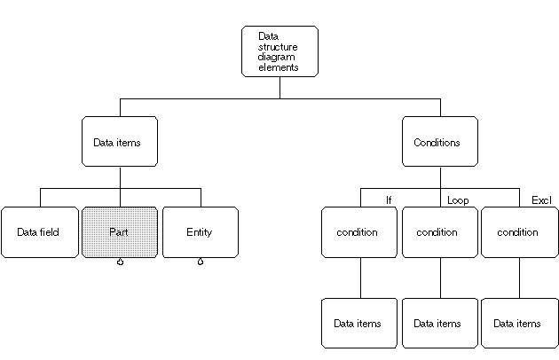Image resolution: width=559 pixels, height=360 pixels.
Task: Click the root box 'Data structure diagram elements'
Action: point(279,51)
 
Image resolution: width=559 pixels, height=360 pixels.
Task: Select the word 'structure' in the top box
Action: point(277,46)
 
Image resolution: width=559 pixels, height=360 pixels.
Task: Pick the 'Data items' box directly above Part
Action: point(120,142)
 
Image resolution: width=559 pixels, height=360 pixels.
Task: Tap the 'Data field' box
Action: point(39,232)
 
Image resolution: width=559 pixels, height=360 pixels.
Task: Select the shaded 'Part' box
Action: point(120,232)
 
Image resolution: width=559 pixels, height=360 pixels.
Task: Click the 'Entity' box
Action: point(200,232)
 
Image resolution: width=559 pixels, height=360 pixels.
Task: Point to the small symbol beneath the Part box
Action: point(120,262)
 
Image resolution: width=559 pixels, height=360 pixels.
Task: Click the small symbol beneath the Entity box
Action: point(200,262)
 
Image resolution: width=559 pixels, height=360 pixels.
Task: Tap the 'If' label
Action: point(389,200)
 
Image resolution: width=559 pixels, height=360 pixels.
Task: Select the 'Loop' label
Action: point(458,200)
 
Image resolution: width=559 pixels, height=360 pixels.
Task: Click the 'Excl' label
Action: point(541,200)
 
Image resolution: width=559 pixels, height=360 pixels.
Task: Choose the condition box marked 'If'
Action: point(359,232)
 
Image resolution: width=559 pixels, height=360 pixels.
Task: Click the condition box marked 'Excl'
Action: point(519,232)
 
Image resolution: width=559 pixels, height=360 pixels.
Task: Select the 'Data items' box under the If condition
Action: point(359,324)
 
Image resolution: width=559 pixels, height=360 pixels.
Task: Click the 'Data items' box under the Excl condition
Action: point(519,324)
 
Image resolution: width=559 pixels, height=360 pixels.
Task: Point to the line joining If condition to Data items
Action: point(359,278)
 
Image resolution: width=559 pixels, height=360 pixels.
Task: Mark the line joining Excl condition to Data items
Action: point(519,278)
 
